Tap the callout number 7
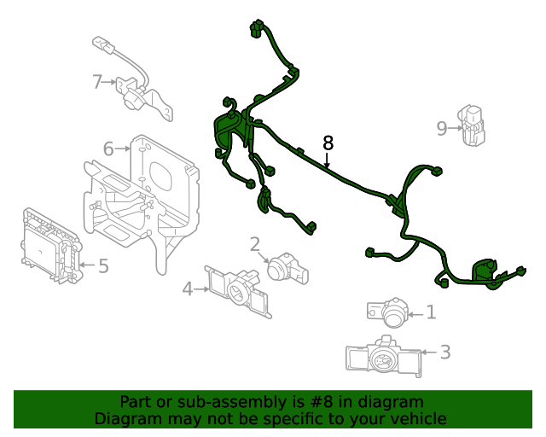(x=98, y=82)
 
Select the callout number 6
(x=108, y=149)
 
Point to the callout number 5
(x=103, y=266)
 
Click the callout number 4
(x=188, y=289)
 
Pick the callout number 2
(x=254, y=245)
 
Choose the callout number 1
(x=431, y=312)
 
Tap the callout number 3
(x=444, y=352)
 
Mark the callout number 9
(x=441, y=129)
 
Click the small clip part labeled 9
(x=472, y=126)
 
